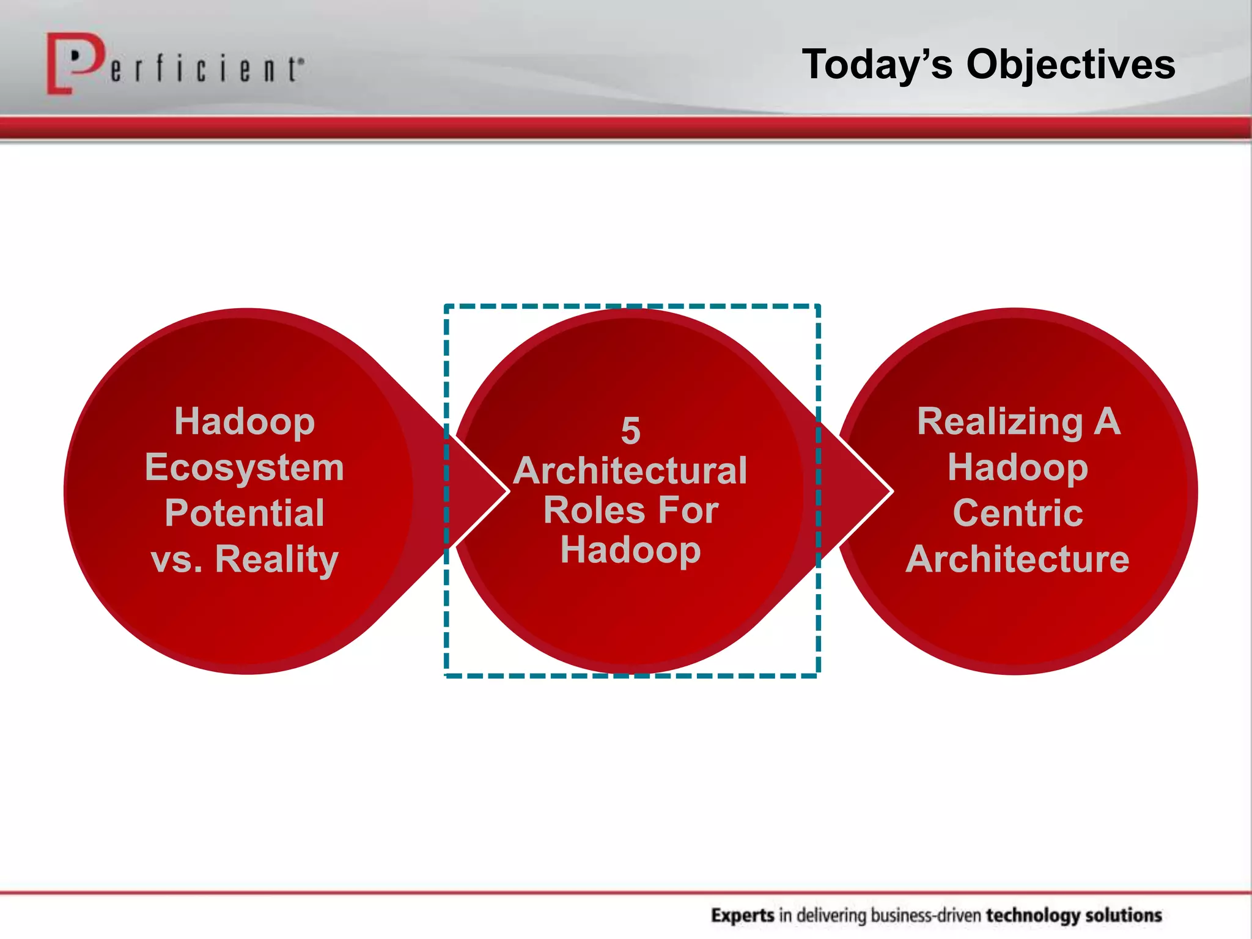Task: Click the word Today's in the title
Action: coord(877,64)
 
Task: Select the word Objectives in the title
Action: coord(1070,64)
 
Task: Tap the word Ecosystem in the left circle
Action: coord(245,468)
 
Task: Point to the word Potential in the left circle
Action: coord(245,513)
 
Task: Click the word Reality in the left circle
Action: coord(276,559)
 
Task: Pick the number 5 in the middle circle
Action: coord(630,431)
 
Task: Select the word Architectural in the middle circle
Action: coord(630,471)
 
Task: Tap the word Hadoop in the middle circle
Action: coord(630,550)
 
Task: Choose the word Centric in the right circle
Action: coord(1017,513)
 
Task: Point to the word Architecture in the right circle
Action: coord(1017,559)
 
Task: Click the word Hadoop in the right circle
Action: coord(1017,468)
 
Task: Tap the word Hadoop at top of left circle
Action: coord(245,422)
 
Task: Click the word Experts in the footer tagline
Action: coord(743,915)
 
